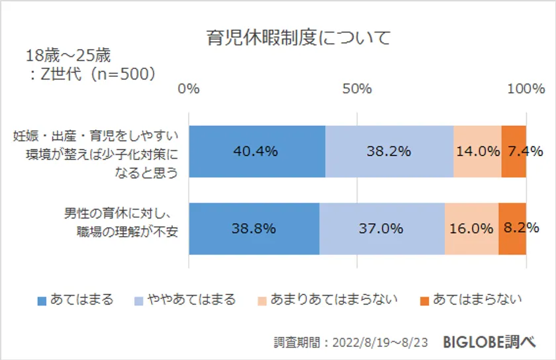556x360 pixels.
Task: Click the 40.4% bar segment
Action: point(257,151)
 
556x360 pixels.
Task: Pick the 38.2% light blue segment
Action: point(389,151)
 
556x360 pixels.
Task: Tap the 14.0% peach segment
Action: point(477,151)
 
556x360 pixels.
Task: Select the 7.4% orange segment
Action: point(514,151)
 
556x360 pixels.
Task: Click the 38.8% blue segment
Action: point(254,229)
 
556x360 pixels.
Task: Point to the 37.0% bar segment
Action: point(382,229)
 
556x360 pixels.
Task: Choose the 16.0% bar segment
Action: point(471,229)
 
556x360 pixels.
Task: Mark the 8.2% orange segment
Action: point(512,229)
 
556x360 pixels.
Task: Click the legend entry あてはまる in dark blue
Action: point(75,300)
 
